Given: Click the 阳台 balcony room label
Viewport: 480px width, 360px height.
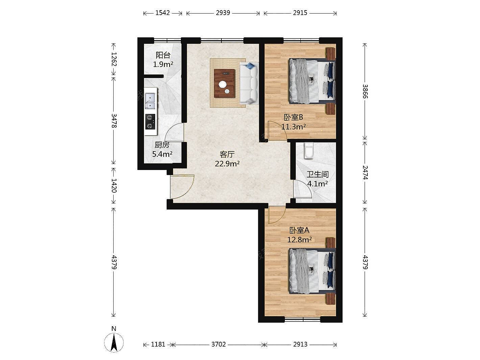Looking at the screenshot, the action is (163, 55).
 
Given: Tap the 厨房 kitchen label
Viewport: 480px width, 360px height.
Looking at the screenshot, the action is (162, 145).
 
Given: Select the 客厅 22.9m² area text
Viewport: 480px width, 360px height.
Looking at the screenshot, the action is (227, 164).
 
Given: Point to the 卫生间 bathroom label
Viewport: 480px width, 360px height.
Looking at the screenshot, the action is (317, 174).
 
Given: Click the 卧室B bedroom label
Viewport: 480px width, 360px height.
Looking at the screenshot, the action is (293, 117).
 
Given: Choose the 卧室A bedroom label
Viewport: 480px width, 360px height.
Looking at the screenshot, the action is (299, 230).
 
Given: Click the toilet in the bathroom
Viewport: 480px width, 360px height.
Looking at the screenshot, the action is (309, 151).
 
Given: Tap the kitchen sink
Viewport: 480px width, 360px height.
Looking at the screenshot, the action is (150, 101).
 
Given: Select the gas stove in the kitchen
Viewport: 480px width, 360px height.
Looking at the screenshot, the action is (150, 122).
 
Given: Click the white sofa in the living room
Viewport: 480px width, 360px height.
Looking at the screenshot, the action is (249, 83).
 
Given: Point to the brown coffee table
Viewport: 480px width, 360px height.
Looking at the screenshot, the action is (224, 83).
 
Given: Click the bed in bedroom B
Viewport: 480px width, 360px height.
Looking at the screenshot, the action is (312, 81).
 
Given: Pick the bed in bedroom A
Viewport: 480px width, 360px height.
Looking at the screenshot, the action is (312, 271).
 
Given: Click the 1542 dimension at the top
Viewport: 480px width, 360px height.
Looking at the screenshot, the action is (163, 13).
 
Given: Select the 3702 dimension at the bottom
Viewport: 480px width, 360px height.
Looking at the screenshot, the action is (218, 344).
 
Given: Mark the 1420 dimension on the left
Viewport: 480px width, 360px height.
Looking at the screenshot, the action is (114, 185).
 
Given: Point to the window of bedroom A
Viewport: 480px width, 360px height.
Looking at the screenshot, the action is (303, 319).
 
